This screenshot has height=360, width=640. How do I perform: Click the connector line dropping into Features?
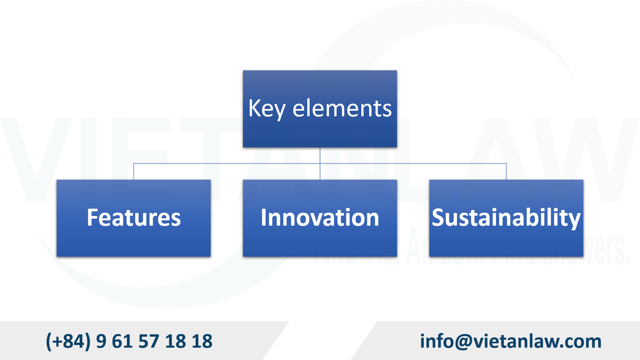134,172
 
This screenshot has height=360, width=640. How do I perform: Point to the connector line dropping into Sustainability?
506,172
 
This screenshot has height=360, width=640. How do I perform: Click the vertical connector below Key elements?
320,155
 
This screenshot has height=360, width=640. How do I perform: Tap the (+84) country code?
68,341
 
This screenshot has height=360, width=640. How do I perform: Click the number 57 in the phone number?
149,341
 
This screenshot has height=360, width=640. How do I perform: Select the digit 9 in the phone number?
101,341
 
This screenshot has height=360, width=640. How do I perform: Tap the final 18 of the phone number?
202,341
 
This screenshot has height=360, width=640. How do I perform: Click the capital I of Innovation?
264,218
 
